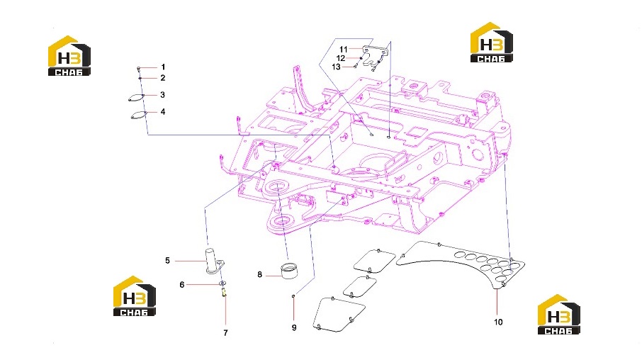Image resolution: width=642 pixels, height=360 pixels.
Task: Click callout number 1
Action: pos(163,67)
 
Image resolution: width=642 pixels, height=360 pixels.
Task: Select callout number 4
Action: pos(163,112)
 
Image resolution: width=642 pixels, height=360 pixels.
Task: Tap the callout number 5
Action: pos(167,261)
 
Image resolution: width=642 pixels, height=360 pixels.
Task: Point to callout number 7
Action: pos(225,333)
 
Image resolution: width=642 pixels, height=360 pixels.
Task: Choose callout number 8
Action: pos(259,274)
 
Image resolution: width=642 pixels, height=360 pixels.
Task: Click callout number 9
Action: pos(294,327)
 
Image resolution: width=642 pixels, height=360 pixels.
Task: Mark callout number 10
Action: pos(498,322)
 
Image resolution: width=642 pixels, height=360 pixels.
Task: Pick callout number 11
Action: pos(344,50)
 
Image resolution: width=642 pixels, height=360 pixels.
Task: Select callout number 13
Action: pos(336,67)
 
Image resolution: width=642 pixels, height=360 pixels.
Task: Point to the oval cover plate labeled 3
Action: pos(136,98)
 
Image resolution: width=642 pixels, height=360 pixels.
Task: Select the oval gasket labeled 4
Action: pos(138,115)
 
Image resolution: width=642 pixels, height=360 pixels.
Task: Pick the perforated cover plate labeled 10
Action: pos(461,262)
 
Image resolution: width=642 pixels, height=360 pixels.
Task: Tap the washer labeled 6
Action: pos(223,283)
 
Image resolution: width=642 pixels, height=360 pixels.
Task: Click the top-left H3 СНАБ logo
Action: pos(69,56)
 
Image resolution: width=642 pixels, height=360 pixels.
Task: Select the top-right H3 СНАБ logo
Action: pos(491,43)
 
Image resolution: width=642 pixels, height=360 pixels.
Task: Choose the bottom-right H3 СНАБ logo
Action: pos(559,314)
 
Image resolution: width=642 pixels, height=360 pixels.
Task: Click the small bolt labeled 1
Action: pos(139,68)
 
